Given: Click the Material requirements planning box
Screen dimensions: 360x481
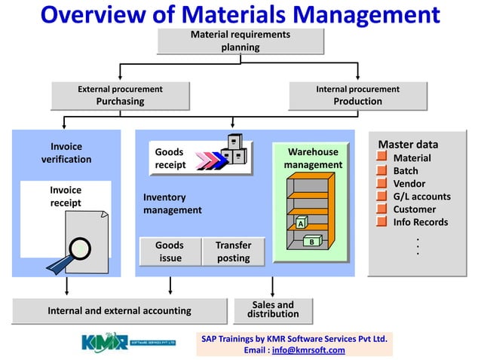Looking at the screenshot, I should (x=240, y=41).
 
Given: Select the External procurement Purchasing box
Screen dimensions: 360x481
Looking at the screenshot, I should (x=120, y=96).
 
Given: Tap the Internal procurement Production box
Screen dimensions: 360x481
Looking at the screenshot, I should (x=357, y=96).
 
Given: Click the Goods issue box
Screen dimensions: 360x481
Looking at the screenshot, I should (x=170, y=252).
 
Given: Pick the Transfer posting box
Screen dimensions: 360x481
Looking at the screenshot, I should (x=233, y=252).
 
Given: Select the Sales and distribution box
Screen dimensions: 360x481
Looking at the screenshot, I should (x=273, y=310).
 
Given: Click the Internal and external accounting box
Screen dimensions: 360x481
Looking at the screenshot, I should (x=119, y=310).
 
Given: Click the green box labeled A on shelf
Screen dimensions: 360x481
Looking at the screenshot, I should (x=300, y=223).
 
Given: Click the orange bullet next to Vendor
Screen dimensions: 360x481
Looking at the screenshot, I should (x=382, y=184).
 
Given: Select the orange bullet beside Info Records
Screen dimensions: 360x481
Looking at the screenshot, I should (x=382, y=222).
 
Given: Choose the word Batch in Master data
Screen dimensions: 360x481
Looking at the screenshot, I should (x=406, y=171).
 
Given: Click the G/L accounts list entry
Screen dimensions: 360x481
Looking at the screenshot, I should (x=421, y=197).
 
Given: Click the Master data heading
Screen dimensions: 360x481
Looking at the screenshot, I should (x=407, y=145).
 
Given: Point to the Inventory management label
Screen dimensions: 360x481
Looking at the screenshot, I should (x=173, y=203).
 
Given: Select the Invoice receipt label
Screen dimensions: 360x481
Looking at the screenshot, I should (x=66, y=197).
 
